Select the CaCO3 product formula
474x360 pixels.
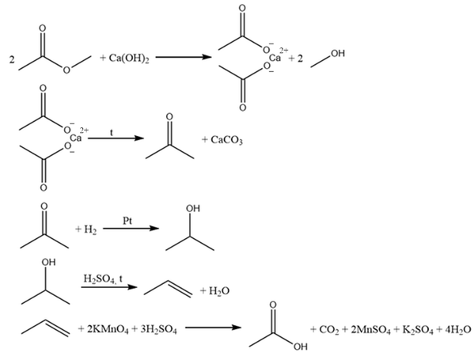[x=227, y=140]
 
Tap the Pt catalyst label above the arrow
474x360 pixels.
[x=127, y=221]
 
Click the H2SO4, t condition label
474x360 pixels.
[x=103, y=279]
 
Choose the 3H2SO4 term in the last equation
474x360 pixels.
[x=159, y=329]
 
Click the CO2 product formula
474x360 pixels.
[x=329, y=330]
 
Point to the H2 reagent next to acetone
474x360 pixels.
[x=90, y=230]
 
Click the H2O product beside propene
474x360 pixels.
[x=219, y=291]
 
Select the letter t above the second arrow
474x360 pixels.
[x=112, y=132]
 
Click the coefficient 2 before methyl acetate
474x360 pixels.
[x=12, y=59]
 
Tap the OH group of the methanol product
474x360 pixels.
[x=338, y=54]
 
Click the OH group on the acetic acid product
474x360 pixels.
[x=301, y=347]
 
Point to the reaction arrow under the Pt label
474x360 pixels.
[x=131, y=228]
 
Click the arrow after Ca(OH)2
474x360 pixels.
[x=184, y=57]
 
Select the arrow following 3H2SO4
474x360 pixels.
[x=213, y=328]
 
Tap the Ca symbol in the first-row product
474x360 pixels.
[x=275, y=58]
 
